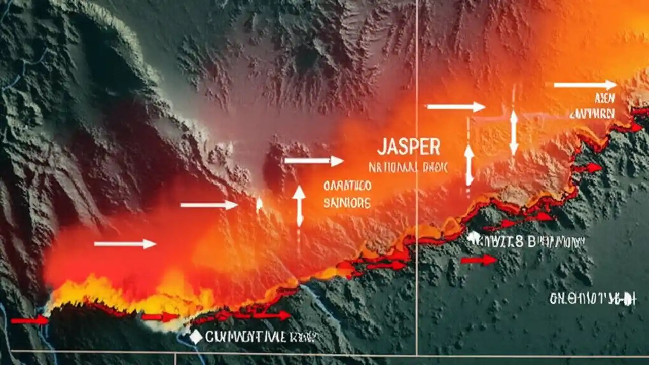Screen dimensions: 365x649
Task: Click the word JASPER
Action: [x=408, y=147]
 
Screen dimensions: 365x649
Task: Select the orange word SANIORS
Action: [x=347, y=203]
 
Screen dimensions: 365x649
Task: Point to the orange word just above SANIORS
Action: [x=347, y=186]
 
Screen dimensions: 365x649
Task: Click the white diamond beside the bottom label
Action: [x=196, y=336]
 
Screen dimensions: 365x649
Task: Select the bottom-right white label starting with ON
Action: [x=593, y=299]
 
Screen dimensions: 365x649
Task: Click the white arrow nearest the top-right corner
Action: [x=584, y=85]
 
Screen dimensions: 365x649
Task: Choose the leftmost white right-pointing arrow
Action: [x=125, y=244]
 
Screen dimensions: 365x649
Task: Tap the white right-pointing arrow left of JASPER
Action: [x=314, y=161]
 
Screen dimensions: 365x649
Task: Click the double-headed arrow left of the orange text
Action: [x=299, y=205]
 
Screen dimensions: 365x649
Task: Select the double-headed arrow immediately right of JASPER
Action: [x=469, y=165]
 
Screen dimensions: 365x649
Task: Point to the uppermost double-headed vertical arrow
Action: [x=514, y=133]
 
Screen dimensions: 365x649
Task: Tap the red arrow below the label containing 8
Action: [x=479, y=260]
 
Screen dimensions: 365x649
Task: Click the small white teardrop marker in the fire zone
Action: [x=259, y=204]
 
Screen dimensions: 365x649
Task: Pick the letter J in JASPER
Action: [x=381, y=147]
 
